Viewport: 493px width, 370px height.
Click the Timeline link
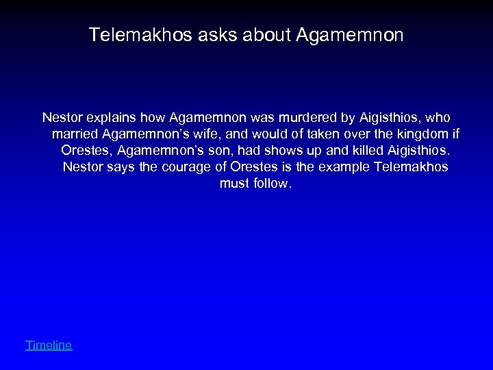(x=49, y=345)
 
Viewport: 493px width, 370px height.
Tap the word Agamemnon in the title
(x=351, y=35)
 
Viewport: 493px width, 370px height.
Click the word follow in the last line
(x=273, y=184)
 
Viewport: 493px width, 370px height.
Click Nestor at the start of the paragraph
(x=61, y=118)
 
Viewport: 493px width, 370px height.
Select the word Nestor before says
(x=81, y=167)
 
